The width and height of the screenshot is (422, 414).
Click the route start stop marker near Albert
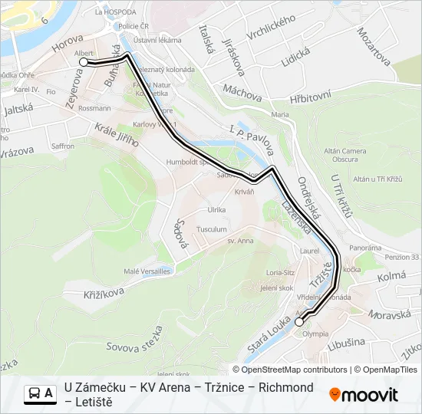(x=84, y=62)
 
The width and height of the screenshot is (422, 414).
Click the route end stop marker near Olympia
(x=299, y=323)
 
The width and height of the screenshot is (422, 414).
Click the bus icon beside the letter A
(x=35, y=393)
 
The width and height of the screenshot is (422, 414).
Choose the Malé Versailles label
(x=147, y=271)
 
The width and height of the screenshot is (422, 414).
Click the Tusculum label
(x=212, y=229)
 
